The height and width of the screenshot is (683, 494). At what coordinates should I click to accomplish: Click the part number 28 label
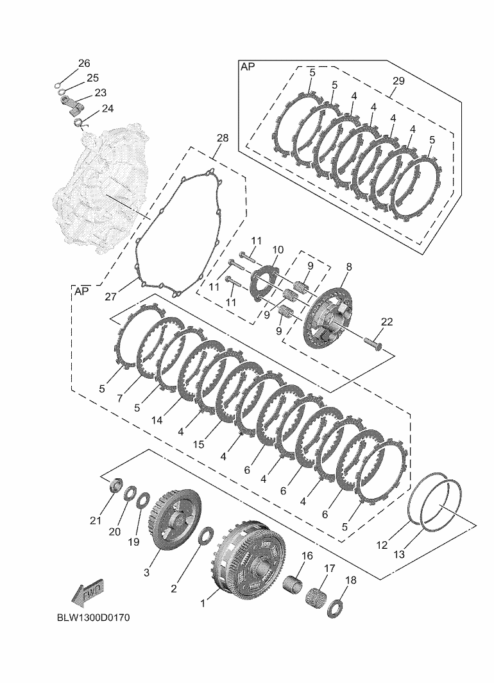(222, 139)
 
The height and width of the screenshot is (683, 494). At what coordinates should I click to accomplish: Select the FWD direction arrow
(87, 594)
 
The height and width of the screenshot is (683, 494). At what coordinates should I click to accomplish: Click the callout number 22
(386, 322)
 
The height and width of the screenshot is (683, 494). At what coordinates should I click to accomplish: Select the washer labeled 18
(335, 608)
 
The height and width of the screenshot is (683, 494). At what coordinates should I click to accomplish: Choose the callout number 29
(398, 81)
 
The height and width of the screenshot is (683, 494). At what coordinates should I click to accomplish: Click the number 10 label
(277, 250)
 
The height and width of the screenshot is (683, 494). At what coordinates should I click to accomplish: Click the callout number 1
(204, 603)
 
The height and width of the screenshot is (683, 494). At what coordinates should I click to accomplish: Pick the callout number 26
(85, 64)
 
